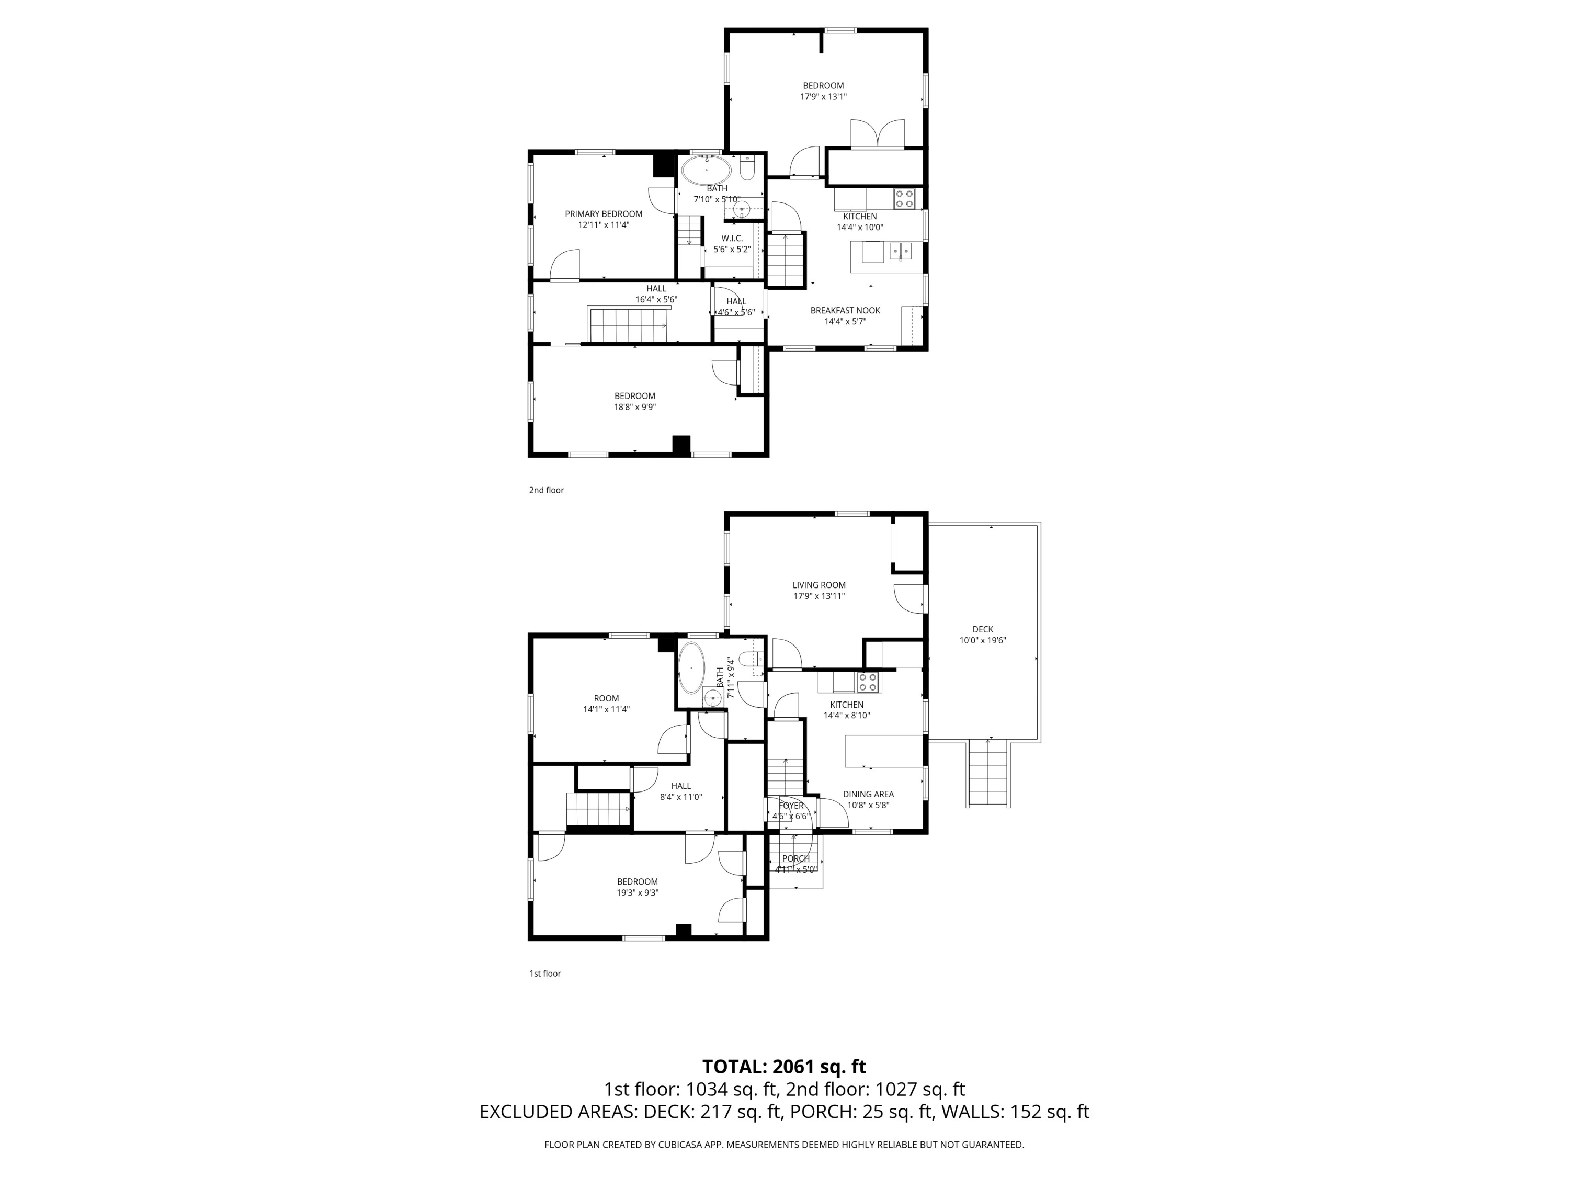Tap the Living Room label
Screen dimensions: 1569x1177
(x=819, y=585)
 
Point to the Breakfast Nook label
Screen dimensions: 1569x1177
(x=846, y=311)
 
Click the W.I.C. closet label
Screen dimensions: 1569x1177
(x=732, y=239)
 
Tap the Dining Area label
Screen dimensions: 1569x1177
(x=868, y=795)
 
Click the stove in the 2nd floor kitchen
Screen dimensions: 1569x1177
(x=904, y=198)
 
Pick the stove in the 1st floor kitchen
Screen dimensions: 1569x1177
(x=868, y=683)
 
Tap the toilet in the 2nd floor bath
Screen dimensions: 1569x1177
(x=747, y=168)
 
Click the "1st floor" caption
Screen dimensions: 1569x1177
(x=545, y=974)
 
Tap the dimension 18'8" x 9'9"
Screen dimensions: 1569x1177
(x=635, y=407)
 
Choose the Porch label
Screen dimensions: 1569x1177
(x=796, y=858)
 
